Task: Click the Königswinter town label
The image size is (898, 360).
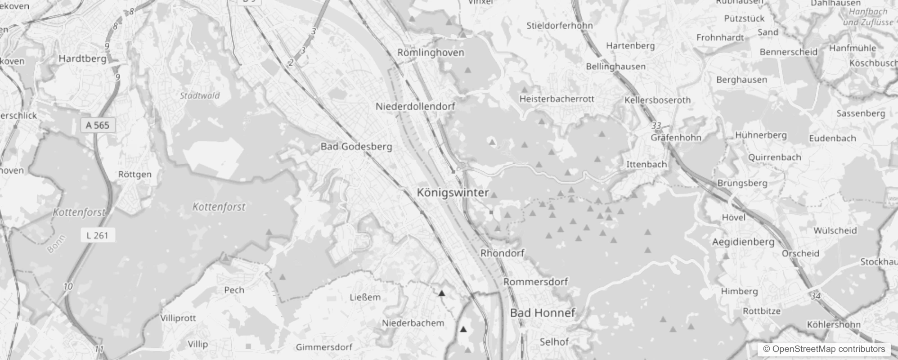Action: click(453, 193)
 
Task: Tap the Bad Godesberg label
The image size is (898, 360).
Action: click(356, 146)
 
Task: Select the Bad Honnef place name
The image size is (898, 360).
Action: click(543, 313)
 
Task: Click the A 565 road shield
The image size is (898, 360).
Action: click(98, 125)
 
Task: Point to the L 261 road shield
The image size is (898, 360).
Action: click(98, 235)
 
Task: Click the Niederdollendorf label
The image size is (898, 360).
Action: click(415, 107)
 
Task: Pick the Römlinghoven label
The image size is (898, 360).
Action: click(431, 53)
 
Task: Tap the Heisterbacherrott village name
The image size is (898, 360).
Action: click(557, 99)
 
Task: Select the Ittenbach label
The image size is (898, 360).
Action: click(647, 164)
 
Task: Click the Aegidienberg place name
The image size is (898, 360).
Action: click(743, 242)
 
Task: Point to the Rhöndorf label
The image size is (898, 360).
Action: click(502, 253)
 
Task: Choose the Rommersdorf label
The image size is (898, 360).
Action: click(535, 282)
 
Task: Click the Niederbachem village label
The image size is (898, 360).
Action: click(413, 323)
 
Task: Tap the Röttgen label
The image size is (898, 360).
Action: click(135, 175)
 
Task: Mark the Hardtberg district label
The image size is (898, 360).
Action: click(83, 58)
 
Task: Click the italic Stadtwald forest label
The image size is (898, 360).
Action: click(200, 95)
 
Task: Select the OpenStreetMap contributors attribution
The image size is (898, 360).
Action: click(824, 349)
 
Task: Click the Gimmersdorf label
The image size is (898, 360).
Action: click(324, 347)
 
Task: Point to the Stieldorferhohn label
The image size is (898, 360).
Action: click(560, 26)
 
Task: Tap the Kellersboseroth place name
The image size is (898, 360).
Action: click(657, 100)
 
